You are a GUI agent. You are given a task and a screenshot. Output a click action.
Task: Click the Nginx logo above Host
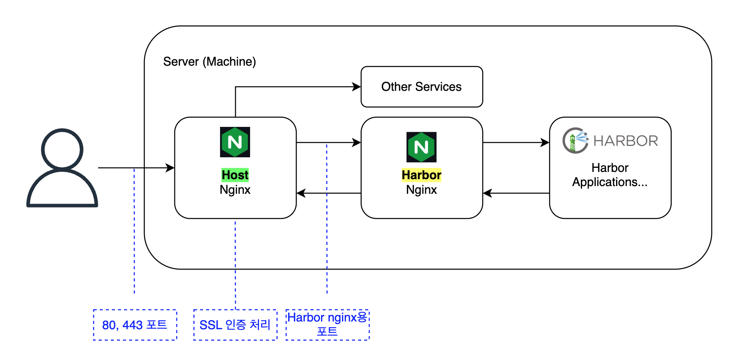[235, 142]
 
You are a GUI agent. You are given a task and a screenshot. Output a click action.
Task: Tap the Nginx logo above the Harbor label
[422, 147]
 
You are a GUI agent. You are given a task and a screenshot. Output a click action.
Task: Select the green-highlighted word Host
[235, 175]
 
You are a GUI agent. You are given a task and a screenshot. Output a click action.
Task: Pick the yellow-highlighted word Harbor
[422, 175]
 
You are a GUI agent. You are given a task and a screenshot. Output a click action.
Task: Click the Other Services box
[422, 87]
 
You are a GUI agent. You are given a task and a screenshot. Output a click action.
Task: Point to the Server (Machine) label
[210, 62]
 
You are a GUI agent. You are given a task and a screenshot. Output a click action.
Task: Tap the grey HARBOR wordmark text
[626, 141]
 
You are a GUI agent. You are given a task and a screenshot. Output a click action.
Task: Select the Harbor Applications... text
[610, 175]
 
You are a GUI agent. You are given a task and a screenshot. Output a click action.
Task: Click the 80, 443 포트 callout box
[135, 325]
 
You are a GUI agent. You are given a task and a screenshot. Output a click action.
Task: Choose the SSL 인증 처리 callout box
[235, 325]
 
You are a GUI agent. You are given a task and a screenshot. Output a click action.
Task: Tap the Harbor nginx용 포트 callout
[327, 325]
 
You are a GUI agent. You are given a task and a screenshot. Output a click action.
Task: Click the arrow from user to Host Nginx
[136, 168]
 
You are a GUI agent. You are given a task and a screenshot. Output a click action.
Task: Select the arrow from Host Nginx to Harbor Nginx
[329, 143]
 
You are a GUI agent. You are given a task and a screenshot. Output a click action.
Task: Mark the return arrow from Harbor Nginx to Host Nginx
[329, 193]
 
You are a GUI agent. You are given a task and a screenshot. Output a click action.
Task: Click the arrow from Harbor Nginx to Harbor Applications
[516, 143]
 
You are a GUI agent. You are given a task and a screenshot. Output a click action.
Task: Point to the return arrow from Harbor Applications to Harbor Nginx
[516, 193]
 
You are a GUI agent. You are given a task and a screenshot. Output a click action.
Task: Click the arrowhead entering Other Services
[357, 87]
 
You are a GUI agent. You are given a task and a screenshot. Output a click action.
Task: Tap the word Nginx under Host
[235, 190]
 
